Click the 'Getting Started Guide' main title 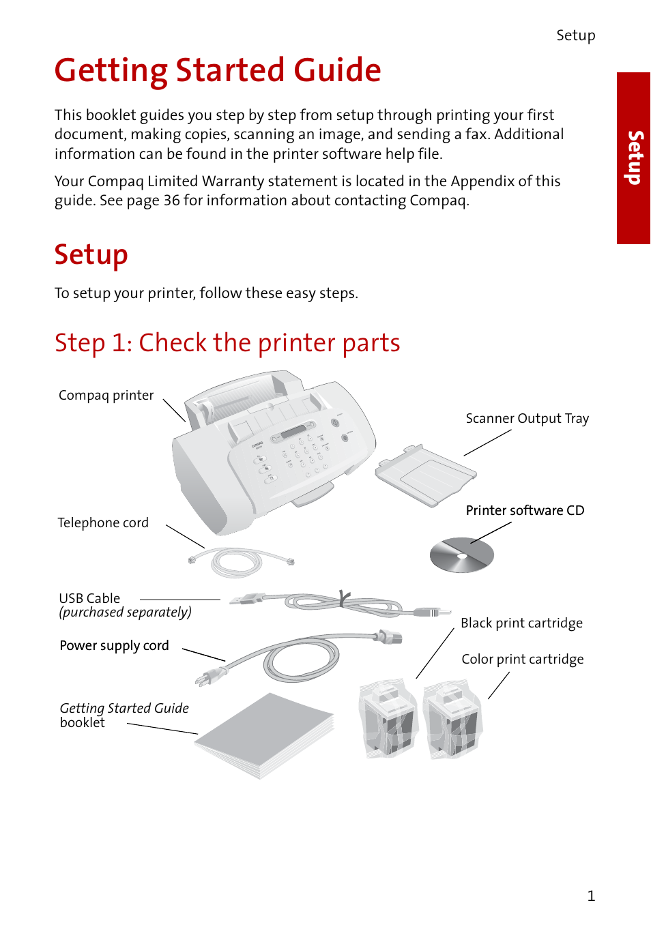pyautogui.click(x=217, y=70)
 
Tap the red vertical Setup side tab pyautogui.click(x=633, y=158)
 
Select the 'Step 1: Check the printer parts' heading pyautogui.click(x=227, y=342)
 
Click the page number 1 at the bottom pyautogui.click(x=591, y=896)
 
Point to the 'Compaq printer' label pyautogui.click(x=106, y=396)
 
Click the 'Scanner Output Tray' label pyautogui.click(x=527, y=419)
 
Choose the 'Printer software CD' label pyautogui.click(x=525, y=511)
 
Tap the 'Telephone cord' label pyautogui.click(x=103, y=523)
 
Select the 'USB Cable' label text pyautogui.click(x=89, y=598)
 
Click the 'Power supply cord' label pyautogui.click(x=114, y=646)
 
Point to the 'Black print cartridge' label pyautogui.click(x=521, y=623)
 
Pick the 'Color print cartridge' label pyautogui.click(x=522, y=660)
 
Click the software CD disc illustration pyautogui.click(x=461, y=555)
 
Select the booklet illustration pyautogui.click(x=265, y=735)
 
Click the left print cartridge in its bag pyautogui.click(x=388, y=720)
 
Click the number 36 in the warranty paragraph pyautogui.click(x=171, y=201)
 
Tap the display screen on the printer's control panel pyautogui.click(x=294, y=432)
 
